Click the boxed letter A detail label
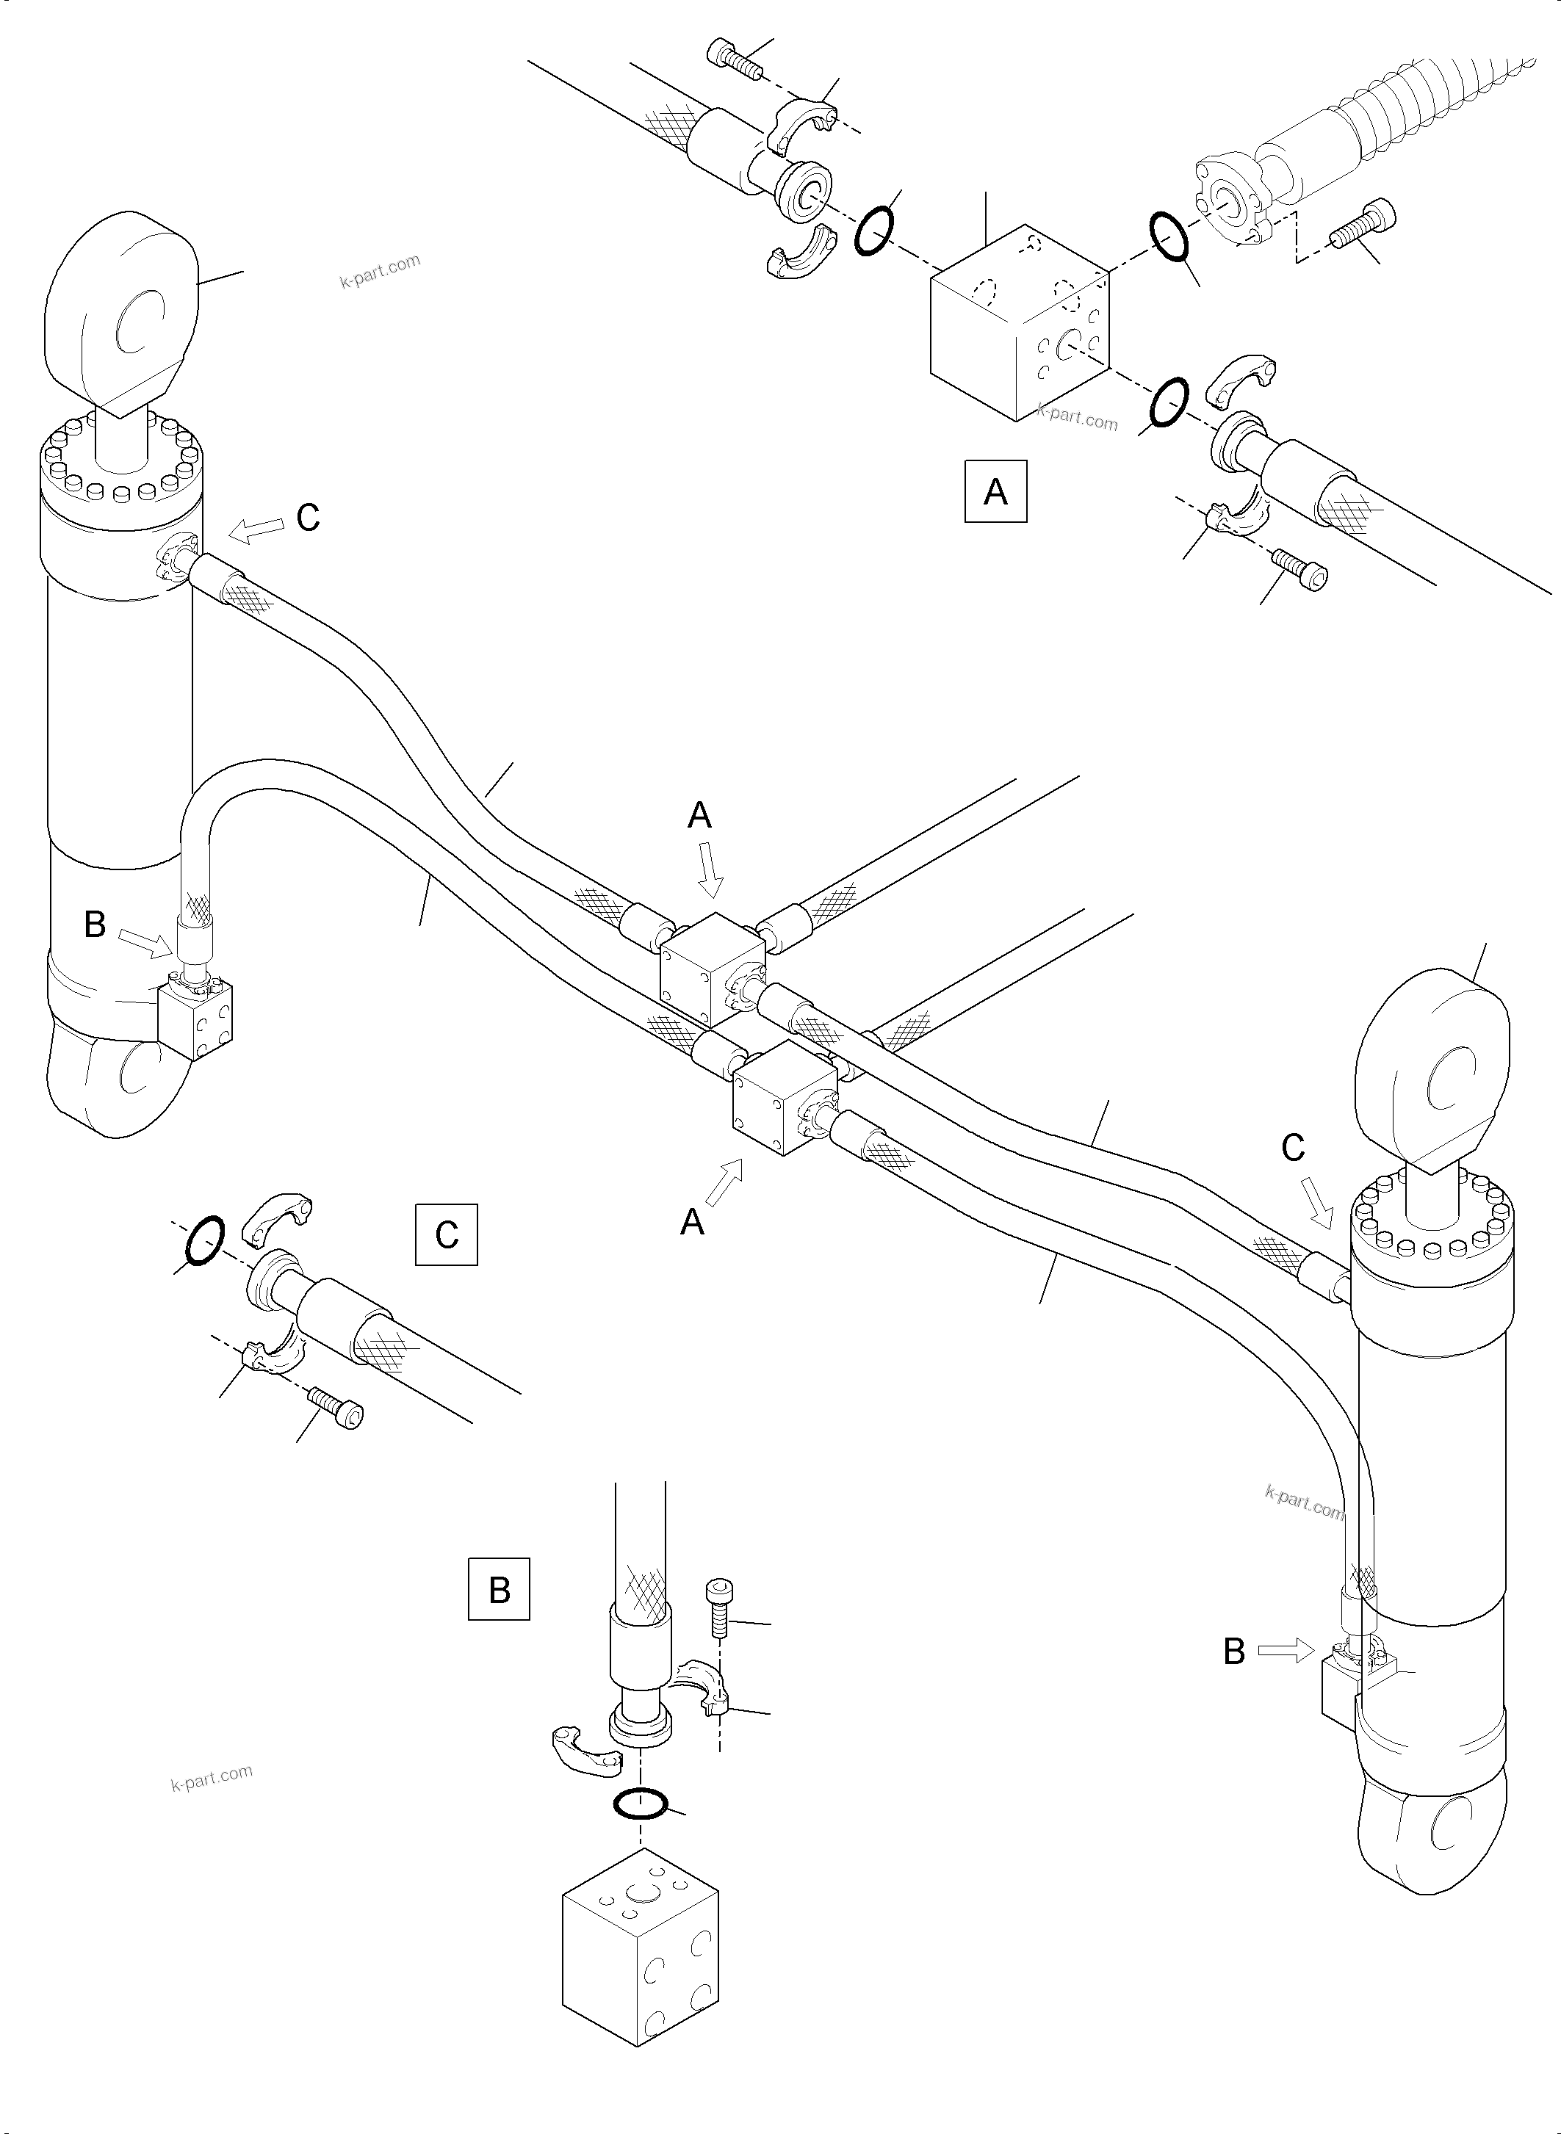click(995, 491)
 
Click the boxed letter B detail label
click(499, 1589)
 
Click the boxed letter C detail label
click(446, 1234)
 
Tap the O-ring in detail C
click(205, 1240)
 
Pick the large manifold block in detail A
click(1020, 323)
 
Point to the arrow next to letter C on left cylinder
click(256, 530)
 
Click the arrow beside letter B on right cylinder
click(1286, 1649)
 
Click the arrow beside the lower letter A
click(724, 1183)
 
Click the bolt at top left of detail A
click(734, 62)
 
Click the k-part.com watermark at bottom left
click(212, 1778)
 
